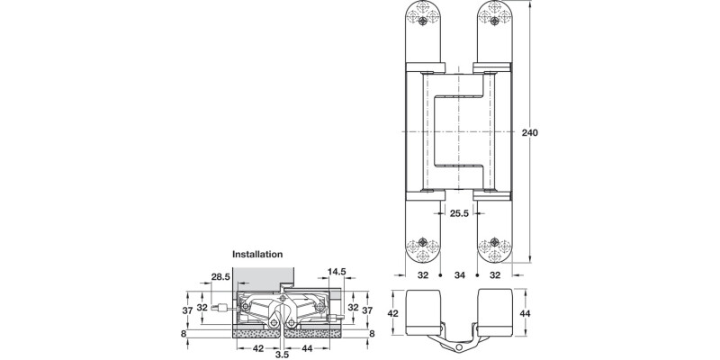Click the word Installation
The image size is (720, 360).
(x=258, y=255)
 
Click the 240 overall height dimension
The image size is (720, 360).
(x=530, y=132)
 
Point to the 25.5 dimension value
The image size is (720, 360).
(x=458, y=213)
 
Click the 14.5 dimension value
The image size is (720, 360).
(x=337, y=272)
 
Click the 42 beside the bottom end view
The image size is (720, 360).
(x=391, y=313)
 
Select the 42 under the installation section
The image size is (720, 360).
(x=256, y=346)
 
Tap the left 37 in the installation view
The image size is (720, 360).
(x=186, y=310)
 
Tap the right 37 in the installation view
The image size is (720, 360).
(x=367, y=310)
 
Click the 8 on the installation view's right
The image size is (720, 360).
(x=371, y=333)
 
